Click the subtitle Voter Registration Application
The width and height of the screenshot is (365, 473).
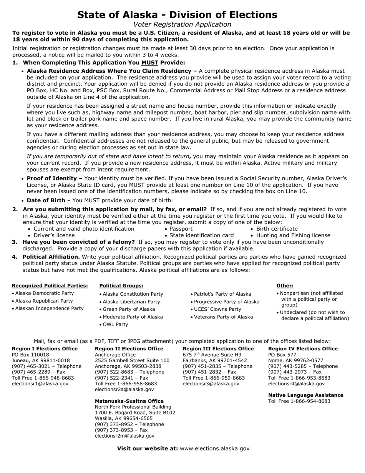pos(182,25)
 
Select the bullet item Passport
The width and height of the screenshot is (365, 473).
pos(181,229)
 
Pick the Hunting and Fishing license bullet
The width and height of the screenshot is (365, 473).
pos(293,235)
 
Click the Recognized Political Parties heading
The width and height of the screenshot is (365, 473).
pos(50,286)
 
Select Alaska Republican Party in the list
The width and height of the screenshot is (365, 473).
pos(44,301)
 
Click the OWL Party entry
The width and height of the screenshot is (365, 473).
pos(115,325)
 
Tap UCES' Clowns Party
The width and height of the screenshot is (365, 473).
pos(217,309)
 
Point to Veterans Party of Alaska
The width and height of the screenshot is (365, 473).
pos(224,317)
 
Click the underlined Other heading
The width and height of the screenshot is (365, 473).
pos(285,286)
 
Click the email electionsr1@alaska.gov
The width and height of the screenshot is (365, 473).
pos(40,384)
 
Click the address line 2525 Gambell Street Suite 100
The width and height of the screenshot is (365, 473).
pos(132,361)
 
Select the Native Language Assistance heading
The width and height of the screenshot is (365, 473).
pos(306,395)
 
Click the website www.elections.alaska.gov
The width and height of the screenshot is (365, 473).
pos(214,448)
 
